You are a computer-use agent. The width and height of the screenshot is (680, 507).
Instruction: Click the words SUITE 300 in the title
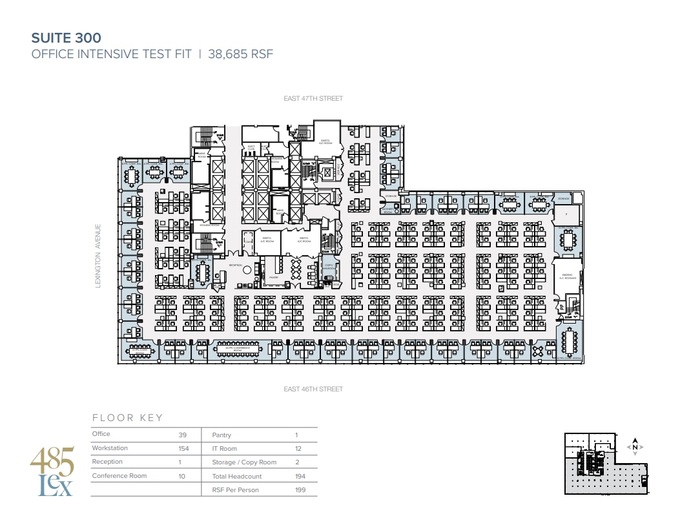pos(67,38)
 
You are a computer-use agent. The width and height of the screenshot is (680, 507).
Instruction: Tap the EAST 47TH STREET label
pos(313,99)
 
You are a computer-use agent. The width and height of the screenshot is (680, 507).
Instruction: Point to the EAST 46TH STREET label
pos(313,389)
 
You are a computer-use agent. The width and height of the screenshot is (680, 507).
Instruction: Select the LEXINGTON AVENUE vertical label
pos(99,256)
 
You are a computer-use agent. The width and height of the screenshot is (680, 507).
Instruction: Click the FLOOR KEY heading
pos(128,418)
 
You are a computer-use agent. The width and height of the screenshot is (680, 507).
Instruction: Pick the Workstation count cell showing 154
pos(183,448)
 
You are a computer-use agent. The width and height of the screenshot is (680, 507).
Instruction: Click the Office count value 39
pos(183,435)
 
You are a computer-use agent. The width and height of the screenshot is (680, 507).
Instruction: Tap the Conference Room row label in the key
pos(119,476)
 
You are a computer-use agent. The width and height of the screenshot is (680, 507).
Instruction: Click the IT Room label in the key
pos(224,448)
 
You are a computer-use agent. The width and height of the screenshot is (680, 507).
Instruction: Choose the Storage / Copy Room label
pos(244,462)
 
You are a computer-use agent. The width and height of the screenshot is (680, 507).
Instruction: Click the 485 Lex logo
pos(52,471)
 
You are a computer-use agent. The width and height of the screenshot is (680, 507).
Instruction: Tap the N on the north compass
pos(635,447)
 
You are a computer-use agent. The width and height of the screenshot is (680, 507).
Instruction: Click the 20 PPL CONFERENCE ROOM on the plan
pos(234,349)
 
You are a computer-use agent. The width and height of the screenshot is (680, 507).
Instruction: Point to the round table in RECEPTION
pos(246,269)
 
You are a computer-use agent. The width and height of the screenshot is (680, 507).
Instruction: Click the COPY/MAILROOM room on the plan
pos(329,268)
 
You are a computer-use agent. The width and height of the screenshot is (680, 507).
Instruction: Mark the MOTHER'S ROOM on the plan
pos(388,210)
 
